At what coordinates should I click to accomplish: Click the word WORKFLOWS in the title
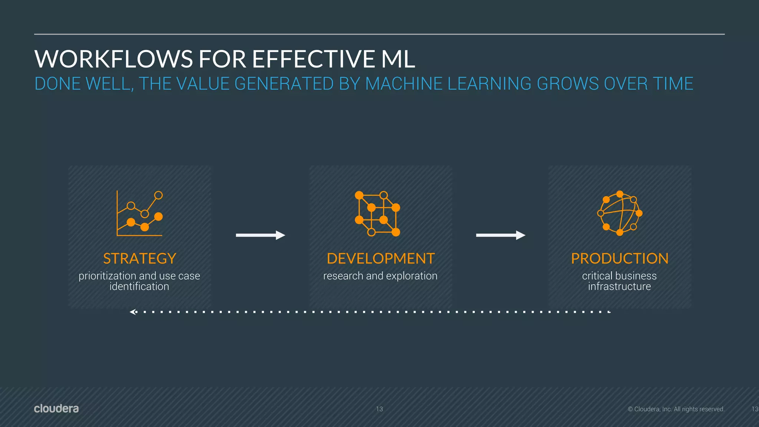pyautogui.click(x=113, y=59)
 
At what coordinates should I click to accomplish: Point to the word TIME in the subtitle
pyautogui.click(x=673, y=84)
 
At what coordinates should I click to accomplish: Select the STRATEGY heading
pyautogui.click(x=139, y=259)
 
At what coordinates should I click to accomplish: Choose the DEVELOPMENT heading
pyautogui.click(x=381, y=259)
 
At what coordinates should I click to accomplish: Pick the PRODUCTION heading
pyautogui.click(x=620, y=259)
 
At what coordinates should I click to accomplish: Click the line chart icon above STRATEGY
pyautogui.click(x=140, y=213)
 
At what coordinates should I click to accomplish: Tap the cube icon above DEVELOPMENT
pyautogui.click(x=377, y=214)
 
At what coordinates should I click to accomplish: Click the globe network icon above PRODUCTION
pyautogui.click(x=620, y=213)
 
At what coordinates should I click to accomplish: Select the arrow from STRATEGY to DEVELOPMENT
pyautogui.click(x=260, y=235)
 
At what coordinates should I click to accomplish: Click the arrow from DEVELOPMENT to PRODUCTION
pyautogui.click(x=500, y=235)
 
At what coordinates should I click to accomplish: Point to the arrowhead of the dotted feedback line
pyautogui.click(x=133, y=312)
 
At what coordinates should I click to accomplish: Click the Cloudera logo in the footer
pyautogui.click(x=56, y=408)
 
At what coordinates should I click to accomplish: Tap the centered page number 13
pyautogui.click(x=379, y=409)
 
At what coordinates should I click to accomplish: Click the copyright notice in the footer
pyautogui.click(x=676, y=409)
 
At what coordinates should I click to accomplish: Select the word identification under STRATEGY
pyautogui.click(x=139, y=287)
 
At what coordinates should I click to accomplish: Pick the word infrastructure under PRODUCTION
pyautogui.click(x=619, y=287)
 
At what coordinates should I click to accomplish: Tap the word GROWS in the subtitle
pyautogui.click(x=567, y=84)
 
